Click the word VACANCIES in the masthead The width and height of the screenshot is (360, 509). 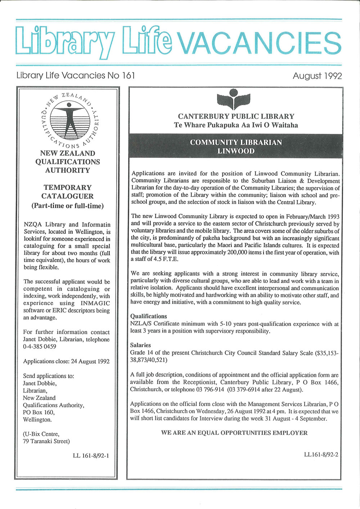(260, 43)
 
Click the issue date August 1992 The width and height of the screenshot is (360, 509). (317, 76)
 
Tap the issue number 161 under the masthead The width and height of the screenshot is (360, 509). (128, 76)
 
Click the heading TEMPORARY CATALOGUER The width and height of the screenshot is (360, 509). (68, 192)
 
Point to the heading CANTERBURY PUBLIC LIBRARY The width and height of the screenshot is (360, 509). (236, 116)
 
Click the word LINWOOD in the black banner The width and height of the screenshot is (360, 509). (236, 151)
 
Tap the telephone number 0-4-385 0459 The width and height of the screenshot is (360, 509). (40, 347)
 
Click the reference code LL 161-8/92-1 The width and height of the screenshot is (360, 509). (91, 456)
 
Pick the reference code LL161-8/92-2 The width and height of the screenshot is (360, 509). (321, 454)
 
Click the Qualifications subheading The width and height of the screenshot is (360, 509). (148, 316)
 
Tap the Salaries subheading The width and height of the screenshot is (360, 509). (140, 345)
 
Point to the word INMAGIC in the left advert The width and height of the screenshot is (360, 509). (98, 303)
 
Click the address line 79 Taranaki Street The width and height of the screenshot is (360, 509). (46, 441)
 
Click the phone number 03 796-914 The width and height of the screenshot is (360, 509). (208, 389)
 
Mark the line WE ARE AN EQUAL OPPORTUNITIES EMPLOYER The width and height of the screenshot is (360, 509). (234, 433)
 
